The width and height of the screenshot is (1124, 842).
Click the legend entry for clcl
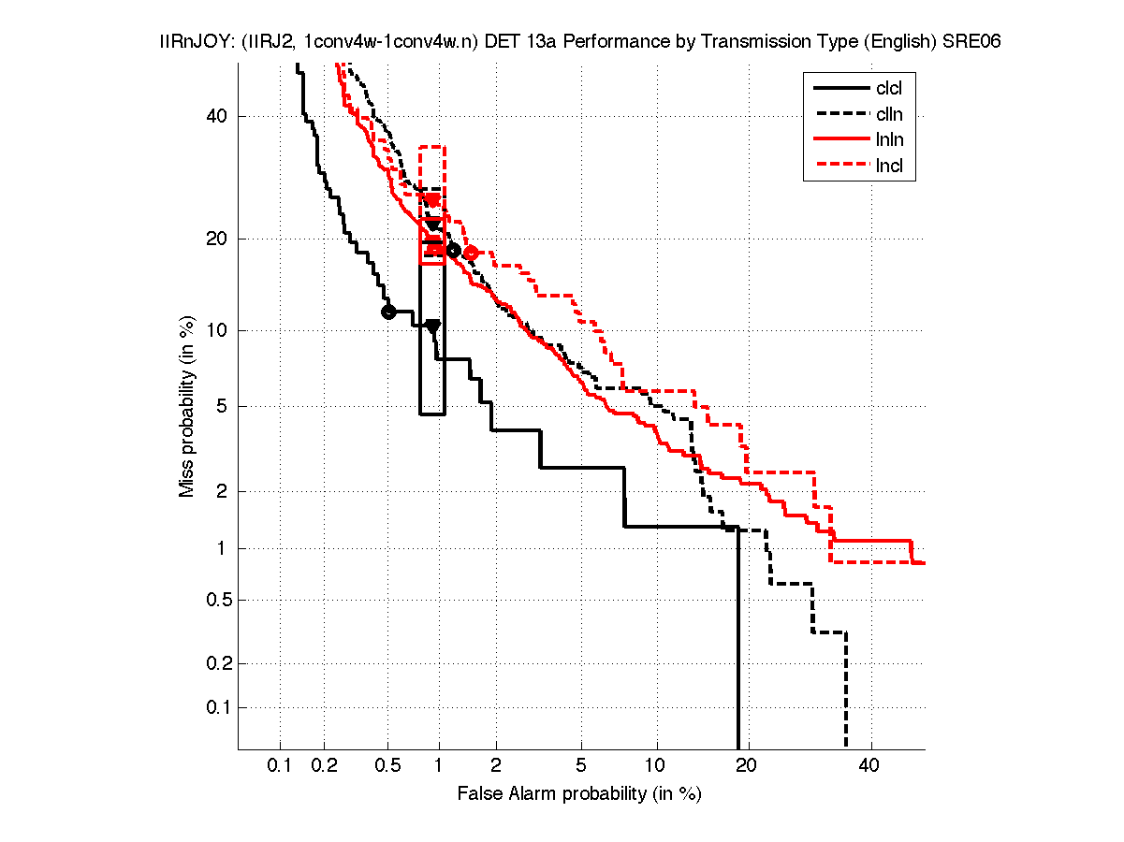(x=888, y=89)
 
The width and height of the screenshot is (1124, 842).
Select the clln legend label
(x=888, y=115)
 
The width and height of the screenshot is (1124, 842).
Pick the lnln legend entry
(x=888, y=141)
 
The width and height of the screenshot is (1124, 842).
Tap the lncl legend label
(x=888, y=167)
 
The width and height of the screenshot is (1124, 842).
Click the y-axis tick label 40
(x=218, y=116)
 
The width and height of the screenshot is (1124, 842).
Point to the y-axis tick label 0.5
(x=213, y=600)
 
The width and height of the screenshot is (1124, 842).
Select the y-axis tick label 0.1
(x=213, y=707)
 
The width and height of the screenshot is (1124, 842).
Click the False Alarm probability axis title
(x=579, y=794)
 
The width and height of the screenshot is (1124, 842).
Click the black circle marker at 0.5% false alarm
(x=388, y=312)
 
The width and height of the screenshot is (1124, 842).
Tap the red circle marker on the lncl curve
(x=471, y=253)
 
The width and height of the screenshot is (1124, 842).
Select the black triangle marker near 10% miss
(x=432, y=326)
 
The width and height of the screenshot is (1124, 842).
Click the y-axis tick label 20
(x=218, y=239)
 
